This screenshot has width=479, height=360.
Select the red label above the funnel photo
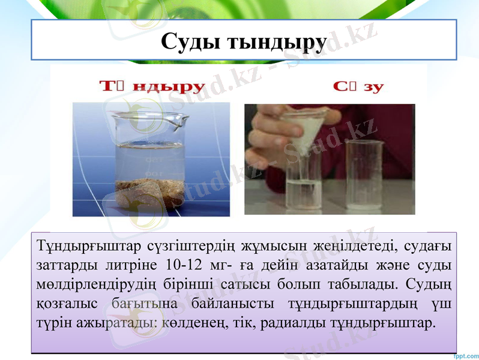(358, 86)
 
